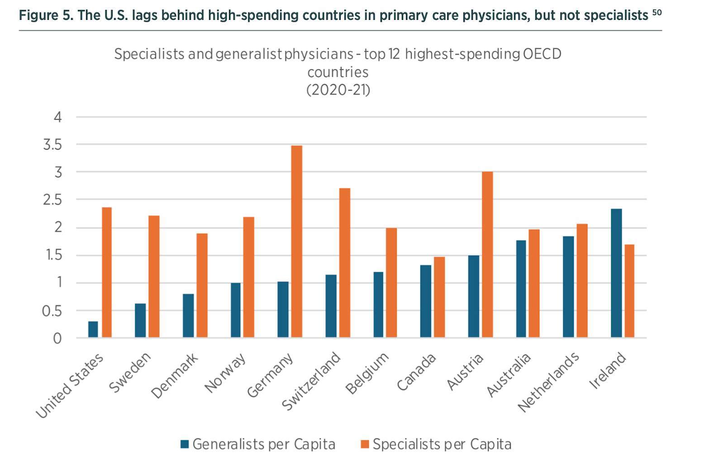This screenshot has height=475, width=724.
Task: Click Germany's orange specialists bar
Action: [x=296, y=241]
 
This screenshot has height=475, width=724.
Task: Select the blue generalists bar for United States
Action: [x=93, y=329]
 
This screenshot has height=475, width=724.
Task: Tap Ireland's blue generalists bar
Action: [x=616, y=273]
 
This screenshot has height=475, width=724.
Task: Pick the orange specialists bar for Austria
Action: [x=487, y=254]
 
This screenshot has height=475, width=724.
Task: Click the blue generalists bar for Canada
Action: [x=426, y=301]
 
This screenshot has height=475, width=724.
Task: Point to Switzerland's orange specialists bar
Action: [x=344, y=263]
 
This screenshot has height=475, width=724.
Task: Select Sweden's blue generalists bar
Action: [x=140, y=320]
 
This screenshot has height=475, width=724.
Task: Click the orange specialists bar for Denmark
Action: [x=202, y=285]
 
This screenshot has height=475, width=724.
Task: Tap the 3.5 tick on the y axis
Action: [x=52, y=145]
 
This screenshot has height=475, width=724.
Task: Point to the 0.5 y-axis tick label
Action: [x=52, y=311]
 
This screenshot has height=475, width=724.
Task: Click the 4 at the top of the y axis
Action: [x=57, y=117]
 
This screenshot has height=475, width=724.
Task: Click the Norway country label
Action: [x=225, y=373]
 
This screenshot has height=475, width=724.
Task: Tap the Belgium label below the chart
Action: [x=367, y=373]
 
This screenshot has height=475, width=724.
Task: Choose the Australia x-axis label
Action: [x=509, y=375]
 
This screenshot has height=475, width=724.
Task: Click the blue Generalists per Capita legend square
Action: [x=185, y=444]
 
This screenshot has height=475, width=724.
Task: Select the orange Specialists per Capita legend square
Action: [x=365, y=444]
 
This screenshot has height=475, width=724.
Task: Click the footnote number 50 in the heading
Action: [x=657, y=12]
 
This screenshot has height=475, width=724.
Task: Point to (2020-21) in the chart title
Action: [x=338, y=89]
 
